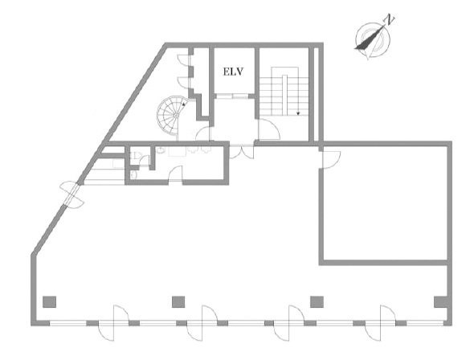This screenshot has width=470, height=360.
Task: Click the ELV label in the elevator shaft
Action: (233, 72)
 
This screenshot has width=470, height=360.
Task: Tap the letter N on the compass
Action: (390, 19)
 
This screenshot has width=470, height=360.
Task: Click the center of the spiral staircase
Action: (176, 115)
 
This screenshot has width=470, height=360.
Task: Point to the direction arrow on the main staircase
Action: (298, 113)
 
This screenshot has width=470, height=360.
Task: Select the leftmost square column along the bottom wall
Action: (49, 302)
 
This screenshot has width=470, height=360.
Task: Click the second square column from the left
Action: (178, 302)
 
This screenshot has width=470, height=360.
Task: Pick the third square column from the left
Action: (317, 302)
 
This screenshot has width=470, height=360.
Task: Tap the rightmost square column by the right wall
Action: (440, 302)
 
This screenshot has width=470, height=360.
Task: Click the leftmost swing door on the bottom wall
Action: (114, 323)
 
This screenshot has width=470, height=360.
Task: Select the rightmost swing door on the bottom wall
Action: (381, 323)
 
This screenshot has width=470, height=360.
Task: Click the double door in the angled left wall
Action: (72, 194)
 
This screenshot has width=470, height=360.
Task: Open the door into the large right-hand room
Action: (329, 160)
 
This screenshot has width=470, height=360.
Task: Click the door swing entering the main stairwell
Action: (268, 129)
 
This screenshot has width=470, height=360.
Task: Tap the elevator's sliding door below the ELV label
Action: (233, 96)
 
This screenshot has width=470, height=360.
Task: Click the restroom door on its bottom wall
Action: (175, 174)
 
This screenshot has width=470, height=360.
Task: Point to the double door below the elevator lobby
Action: (242, 152)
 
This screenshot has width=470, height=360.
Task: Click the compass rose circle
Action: (373, 40)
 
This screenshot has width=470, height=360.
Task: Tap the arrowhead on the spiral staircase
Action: (183, 104)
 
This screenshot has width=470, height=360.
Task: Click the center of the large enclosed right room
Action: (385, 203)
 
